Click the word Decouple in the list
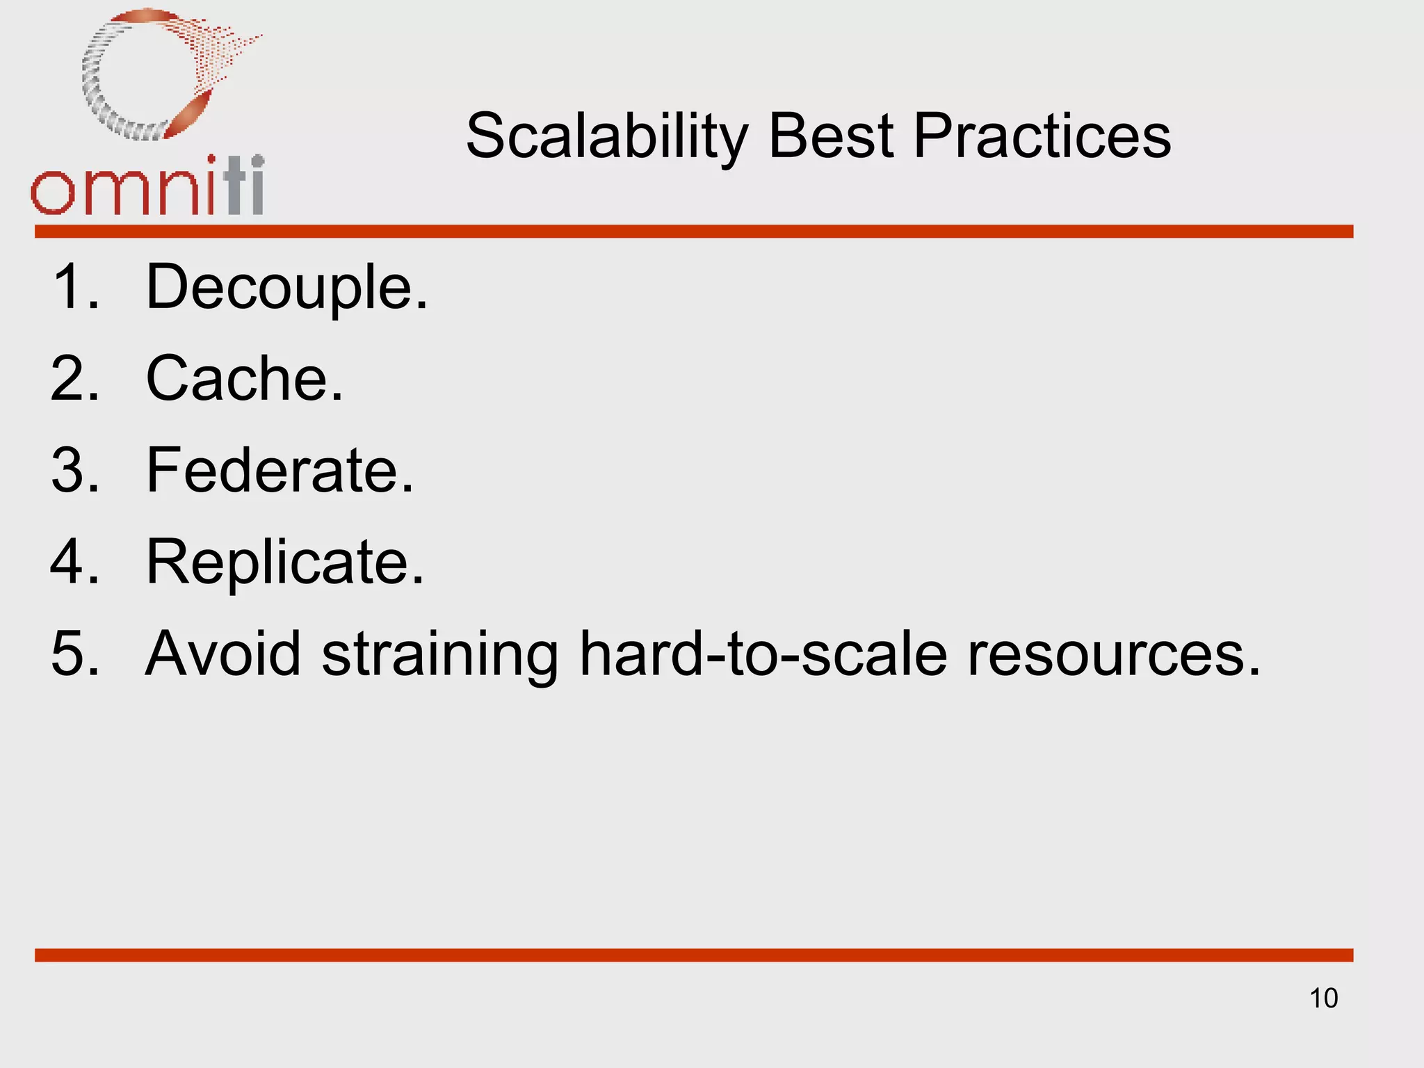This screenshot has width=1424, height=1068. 286,287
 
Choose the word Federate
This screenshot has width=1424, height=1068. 280,470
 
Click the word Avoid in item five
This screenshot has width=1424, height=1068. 222,654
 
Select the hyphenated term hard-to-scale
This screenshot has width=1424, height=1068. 763,654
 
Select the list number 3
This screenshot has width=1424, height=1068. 74,470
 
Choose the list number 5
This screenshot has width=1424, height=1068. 74,654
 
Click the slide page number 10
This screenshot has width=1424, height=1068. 1323,998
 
